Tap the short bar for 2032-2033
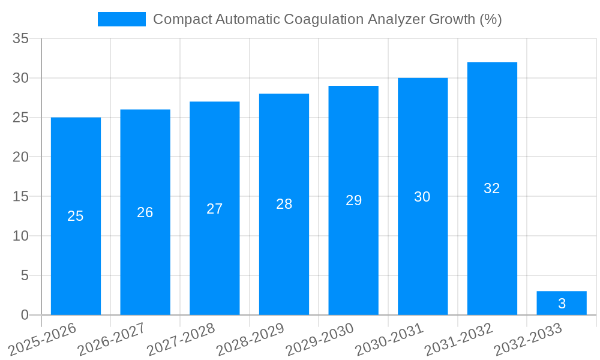562,303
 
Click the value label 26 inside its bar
145,212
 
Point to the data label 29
354,200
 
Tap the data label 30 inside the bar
422,197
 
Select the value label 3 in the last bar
562,304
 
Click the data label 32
492,188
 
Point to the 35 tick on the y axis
21,39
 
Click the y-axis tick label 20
21,157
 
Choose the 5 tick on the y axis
25,275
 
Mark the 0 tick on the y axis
25,315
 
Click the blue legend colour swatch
122,19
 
